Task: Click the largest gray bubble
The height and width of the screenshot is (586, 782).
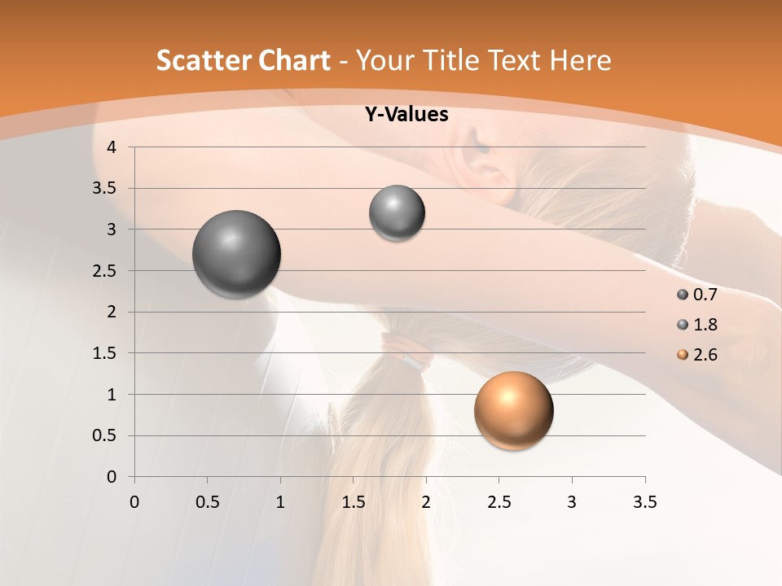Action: [x=237, y=254]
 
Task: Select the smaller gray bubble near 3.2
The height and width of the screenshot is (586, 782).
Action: [x=397, y=213]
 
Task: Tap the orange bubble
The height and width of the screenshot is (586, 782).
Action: [x=513, y=410]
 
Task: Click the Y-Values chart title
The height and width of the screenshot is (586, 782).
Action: [x=406, y=115]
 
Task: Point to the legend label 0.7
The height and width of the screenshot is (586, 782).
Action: [x=705, y=295]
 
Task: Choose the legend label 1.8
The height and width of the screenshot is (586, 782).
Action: [x=705, y=325]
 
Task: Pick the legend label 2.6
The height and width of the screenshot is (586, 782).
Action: [x=705, y=355]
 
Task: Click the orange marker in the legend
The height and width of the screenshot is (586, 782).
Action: [x=683, y=355]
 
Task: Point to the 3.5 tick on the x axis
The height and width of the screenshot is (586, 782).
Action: [x=644, y=502]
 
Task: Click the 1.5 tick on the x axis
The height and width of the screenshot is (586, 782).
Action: [x=353, y=502]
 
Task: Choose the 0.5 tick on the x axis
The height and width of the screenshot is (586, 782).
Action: [x=207, y=502]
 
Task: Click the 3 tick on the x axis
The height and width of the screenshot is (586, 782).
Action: [x=572, y=502]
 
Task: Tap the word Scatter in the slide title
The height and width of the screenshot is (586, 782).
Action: [x=203, y=61]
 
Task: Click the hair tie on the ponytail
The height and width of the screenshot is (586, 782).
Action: [x=405, y=352]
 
